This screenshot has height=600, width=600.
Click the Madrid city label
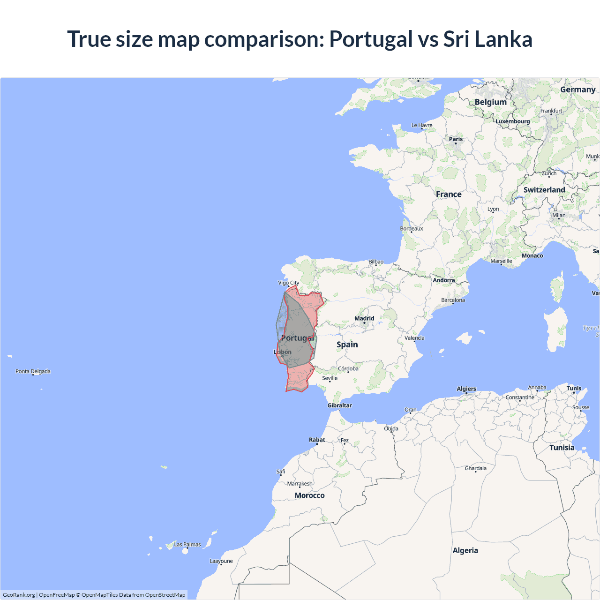[x=364, y=318]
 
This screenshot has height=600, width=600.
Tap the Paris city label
[x=456, y=139]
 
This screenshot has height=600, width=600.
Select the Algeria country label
[x=465, y=550]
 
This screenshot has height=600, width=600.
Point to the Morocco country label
[x=309, y=495]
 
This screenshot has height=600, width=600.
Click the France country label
[x=449, y=194]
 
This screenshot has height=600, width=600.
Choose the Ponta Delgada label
[x=33, y=371]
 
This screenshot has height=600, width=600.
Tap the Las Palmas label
[x=187, y=544]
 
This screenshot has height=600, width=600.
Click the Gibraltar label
[x=339, y=405]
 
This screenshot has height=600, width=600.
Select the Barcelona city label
[x=453, y=300]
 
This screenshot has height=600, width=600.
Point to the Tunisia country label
[x=562, y=448]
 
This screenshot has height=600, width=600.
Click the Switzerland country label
[x=544, y=190]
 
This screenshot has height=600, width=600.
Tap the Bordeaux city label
[x=412, y=229]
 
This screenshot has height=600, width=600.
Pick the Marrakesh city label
[x=300, y=484]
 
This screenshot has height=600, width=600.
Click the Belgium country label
[x=490, y=102]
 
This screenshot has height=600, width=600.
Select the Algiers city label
[x=466, y=389]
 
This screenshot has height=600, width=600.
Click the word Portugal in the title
[x=371, y=39]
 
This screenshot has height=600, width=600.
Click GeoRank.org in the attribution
[x=19, y=595]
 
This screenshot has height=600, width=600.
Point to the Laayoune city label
[x=221, y=561]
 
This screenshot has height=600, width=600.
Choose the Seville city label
[x=330, y=378]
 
